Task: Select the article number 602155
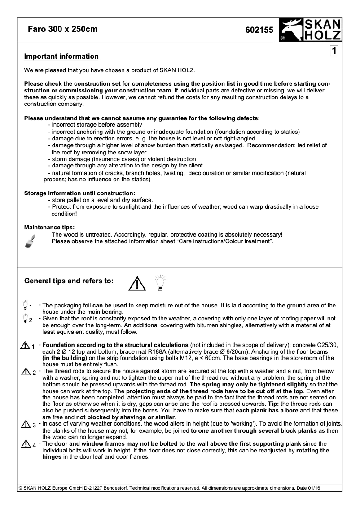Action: coord(259,30)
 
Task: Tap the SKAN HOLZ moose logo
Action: coord(310,30)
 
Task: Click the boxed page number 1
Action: coord(334,51)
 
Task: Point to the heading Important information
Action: coord(61,57)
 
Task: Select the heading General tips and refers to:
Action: coord(68,281)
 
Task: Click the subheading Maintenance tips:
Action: coord(49,227)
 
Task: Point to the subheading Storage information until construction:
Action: coord(79,193)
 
